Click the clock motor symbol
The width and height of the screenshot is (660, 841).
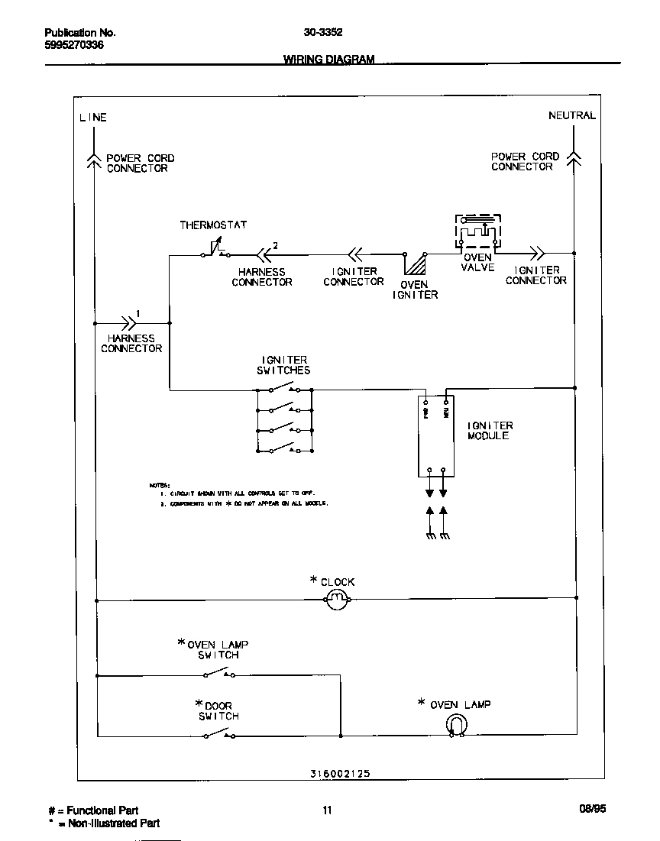pos(338,600)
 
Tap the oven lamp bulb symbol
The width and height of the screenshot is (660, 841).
pos(456,727)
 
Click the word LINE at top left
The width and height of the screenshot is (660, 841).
pos(93,118)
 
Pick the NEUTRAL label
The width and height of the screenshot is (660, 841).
pos(571,115)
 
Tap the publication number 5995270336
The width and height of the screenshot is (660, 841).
pos(74,45)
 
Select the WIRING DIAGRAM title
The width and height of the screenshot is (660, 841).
pos(329,60)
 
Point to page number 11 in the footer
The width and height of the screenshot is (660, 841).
pos(327,810)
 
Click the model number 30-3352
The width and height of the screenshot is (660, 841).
pos(322,33)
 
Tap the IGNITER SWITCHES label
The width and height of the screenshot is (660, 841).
pos(284,365)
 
